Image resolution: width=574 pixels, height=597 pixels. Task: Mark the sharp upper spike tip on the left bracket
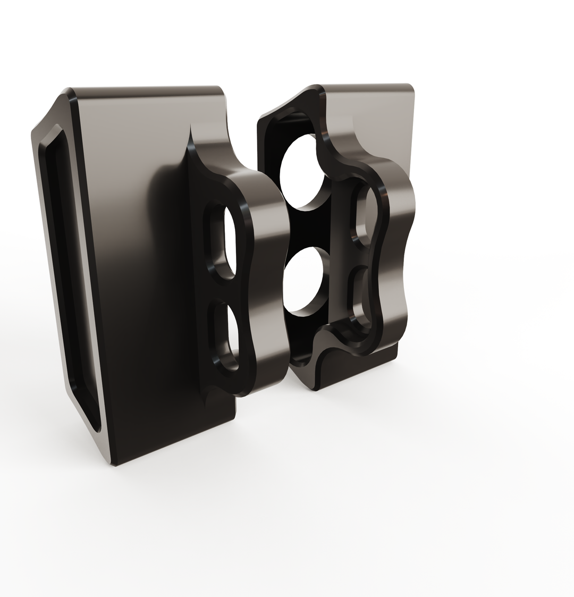click(x=190, y=128)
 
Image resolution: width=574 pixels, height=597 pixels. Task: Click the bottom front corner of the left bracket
click(x=114, y=464)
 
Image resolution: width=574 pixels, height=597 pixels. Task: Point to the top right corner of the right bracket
click(x=410, y=86)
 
